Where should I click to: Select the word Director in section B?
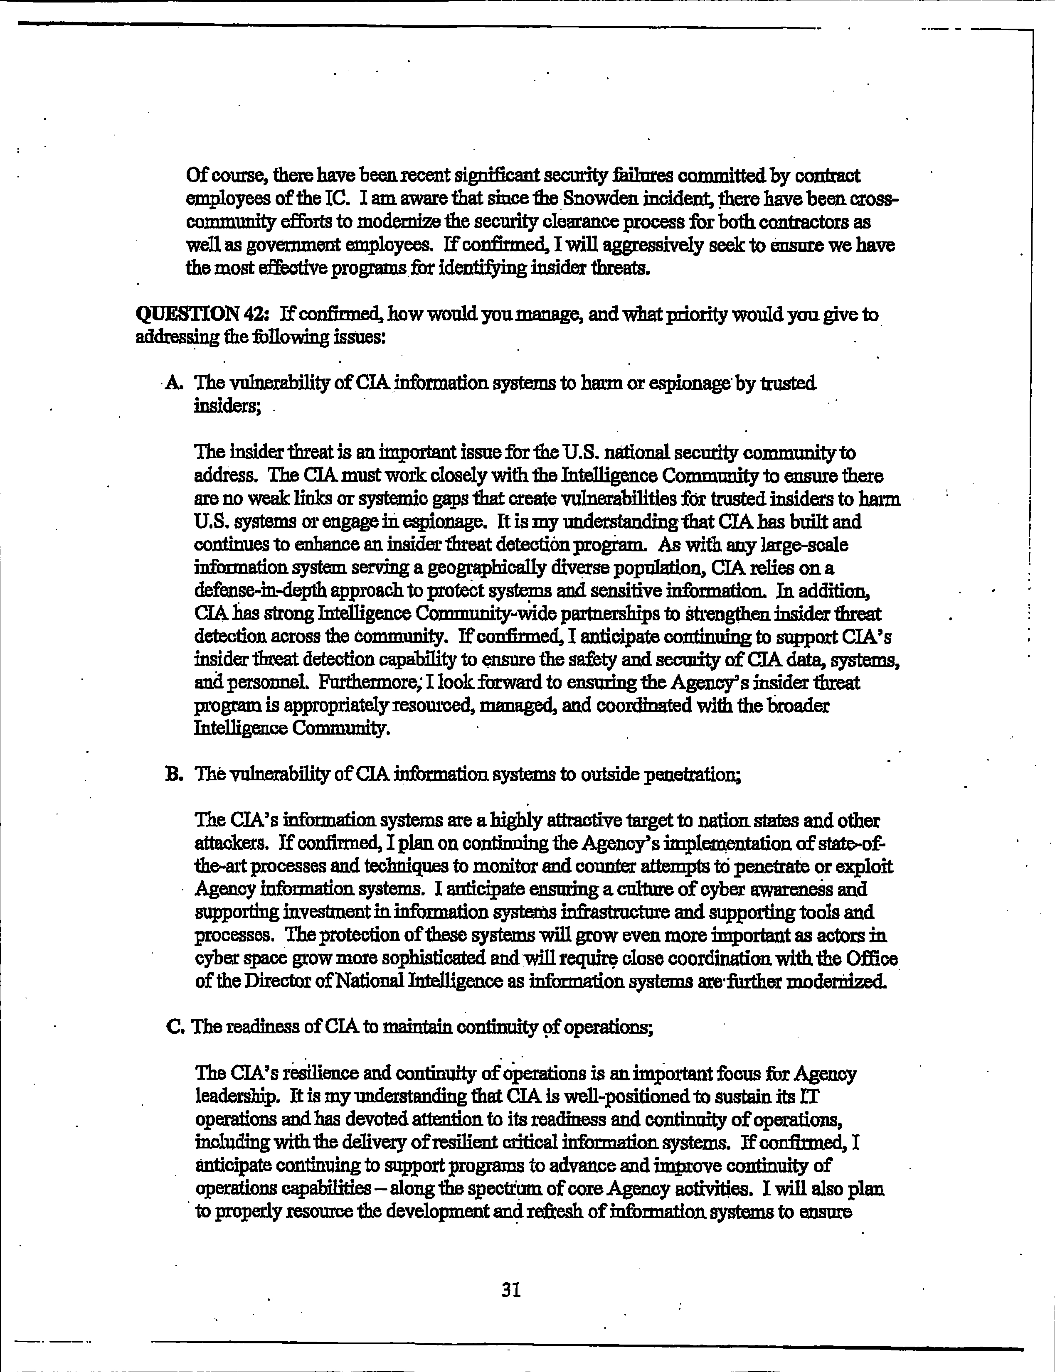279,981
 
